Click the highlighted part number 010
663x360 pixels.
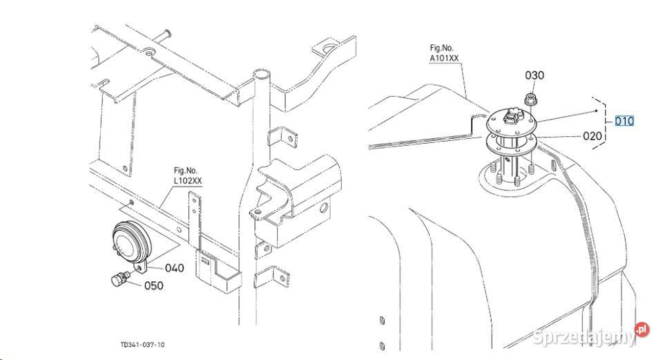(624, 122)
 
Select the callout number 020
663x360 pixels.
(592, 136)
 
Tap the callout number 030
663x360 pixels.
(535, 76)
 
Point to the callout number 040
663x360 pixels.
(174, 268)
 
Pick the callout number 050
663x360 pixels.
(154, 285)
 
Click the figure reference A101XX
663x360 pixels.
(444, 58)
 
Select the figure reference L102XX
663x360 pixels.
(188, 180)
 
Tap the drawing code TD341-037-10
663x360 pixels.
(142, 344)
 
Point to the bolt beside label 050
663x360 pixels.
(119, 278)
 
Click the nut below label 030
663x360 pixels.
(530, 100)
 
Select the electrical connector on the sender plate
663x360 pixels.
(513, 116)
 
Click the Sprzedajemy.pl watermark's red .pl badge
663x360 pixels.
(642, 329)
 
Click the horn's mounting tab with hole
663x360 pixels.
(140, 267)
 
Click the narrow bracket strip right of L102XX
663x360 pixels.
(195, 219)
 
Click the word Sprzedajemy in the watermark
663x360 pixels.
(584, 337)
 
